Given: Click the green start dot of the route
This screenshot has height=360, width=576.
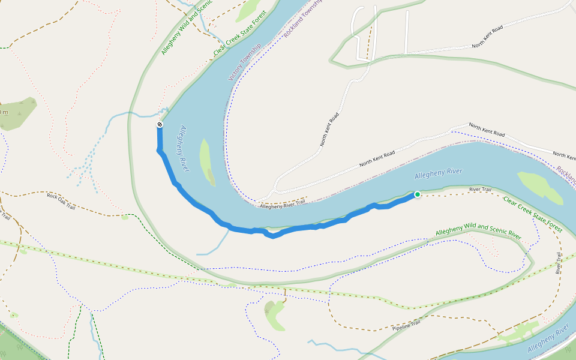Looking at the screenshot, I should click(417, 194).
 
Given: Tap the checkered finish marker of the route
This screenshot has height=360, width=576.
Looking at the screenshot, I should click(160, 125).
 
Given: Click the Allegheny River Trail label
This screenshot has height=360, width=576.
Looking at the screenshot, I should click(282, 204).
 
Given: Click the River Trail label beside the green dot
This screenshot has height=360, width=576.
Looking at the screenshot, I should click(480, 190).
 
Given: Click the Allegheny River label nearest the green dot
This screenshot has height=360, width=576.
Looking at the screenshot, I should click(439, 173).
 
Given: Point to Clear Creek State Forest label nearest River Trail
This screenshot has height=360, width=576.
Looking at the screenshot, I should click(532, 215).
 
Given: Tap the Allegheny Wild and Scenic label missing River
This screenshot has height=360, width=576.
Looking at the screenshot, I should click(187, 28).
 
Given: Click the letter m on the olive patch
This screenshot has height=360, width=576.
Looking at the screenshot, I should click(5, 112).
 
